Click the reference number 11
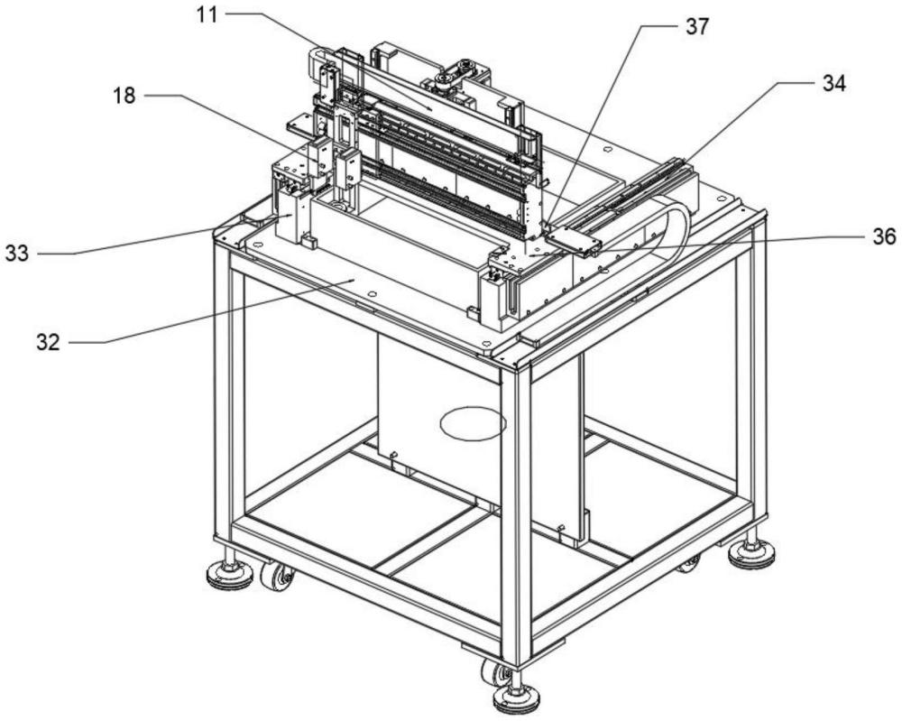(x=208, y=15)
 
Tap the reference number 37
(x=696, y=27)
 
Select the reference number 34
(x=833, y=84)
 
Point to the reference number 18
(x=124, y=96)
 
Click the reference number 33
(x=17, y=254)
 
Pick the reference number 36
(x=884, y=236)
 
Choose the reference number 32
(x=49, y=342)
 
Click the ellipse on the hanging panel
(x=473, y=423)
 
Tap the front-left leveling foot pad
(x=230, y=576)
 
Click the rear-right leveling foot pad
(x=751, y=553)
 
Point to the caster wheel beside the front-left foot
(x=275, y=576)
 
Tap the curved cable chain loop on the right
(x=674, y=230)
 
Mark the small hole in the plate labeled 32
(x=373, y=294)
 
